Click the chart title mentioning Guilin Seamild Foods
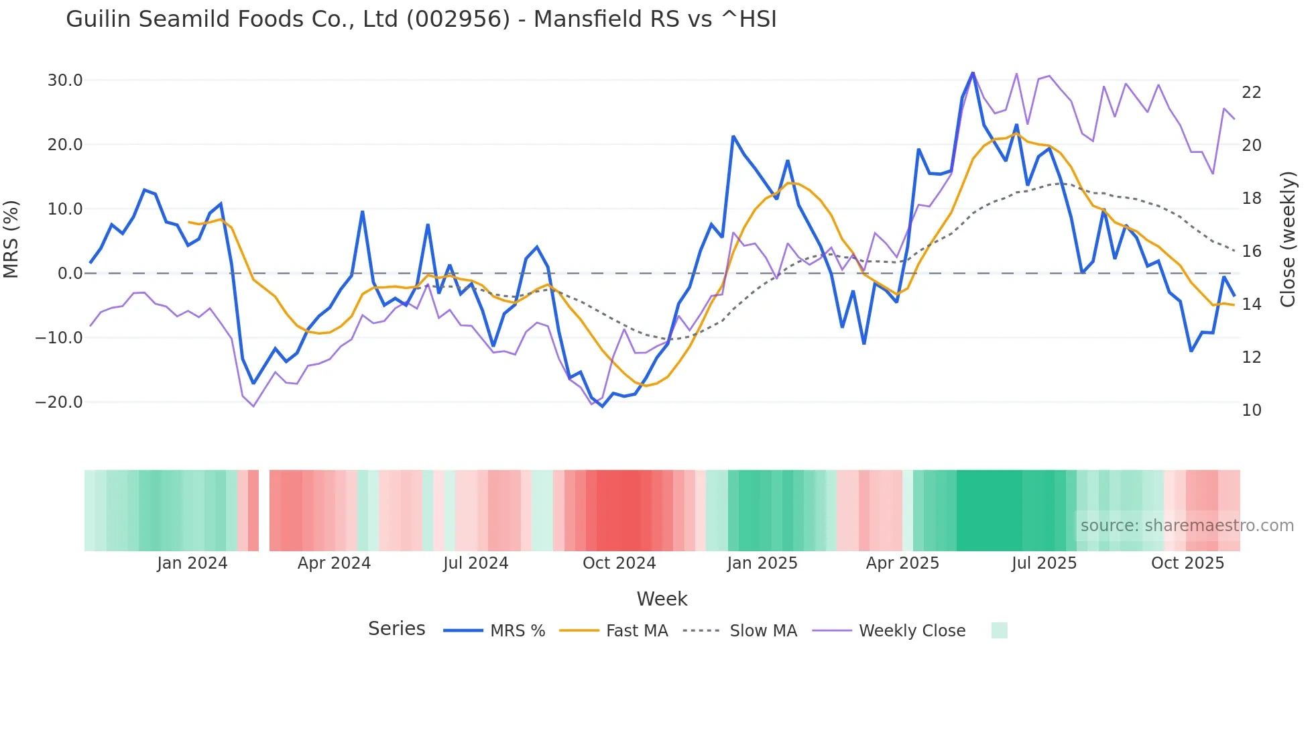(x=421, y=19)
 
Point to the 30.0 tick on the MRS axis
(x=65, y=80)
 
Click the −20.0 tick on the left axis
(x=60, y=402)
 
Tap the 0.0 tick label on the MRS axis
(x=70, y=274)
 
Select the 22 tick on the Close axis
(x=1251, y=93)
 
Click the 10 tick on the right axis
(x=1251, y=410)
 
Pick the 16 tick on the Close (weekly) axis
(x=1251, y=251)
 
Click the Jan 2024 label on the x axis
(x=192, y=563)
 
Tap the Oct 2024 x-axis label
(x=619, y=563)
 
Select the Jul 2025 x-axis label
(x=1044, y=563)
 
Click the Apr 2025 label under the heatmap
(x=902, y=563)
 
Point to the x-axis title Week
(x=662, y=599)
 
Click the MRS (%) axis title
(x=11, y=239)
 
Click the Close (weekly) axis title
(x=1287, y=239)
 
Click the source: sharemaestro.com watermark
(x=1187, y=526)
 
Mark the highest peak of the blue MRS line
(x=973, y=72)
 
